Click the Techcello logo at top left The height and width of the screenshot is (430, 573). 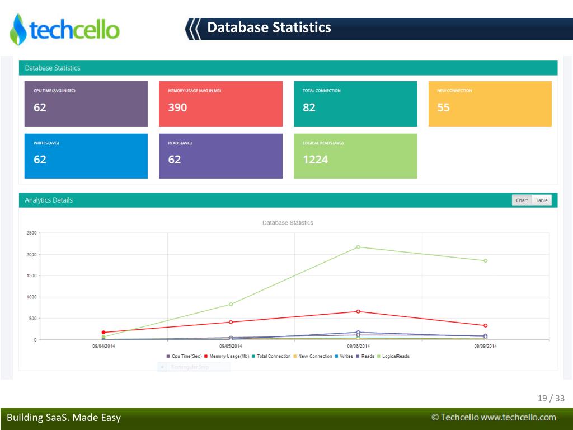[64, 29]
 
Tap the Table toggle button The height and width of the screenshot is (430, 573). [542, 200]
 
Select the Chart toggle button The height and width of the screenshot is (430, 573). [522, 200]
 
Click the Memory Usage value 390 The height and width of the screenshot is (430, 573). [177, 107]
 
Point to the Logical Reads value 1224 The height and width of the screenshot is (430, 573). [315, 160]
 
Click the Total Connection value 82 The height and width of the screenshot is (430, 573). [309, 107]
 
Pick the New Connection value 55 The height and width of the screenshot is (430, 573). [443, 107]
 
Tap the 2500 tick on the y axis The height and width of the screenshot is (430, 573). [31, 233]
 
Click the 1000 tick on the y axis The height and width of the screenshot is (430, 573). [31, 297]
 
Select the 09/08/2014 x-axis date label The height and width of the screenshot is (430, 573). [358, 346]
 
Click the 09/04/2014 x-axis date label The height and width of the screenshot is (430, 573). [104, 346]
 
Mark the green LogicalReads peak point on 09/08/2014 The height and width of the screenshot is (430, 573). [358, 247]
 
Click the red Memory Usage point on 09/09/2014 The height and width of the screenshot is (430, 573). [485, 325]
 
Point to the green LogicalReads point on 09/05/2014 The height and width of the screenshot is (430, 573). [231, 304]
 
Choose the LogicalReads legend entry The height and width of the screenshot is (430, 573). [395, 356]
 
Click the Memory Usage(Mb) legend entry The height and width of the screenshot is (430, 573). [229, 356]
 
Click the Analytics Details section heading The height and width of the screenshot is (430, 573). [49, 200]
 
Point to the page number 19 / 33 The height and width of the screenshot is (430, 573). [551, 399]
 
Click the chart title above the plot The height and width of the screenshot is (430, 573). [288, 223]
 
